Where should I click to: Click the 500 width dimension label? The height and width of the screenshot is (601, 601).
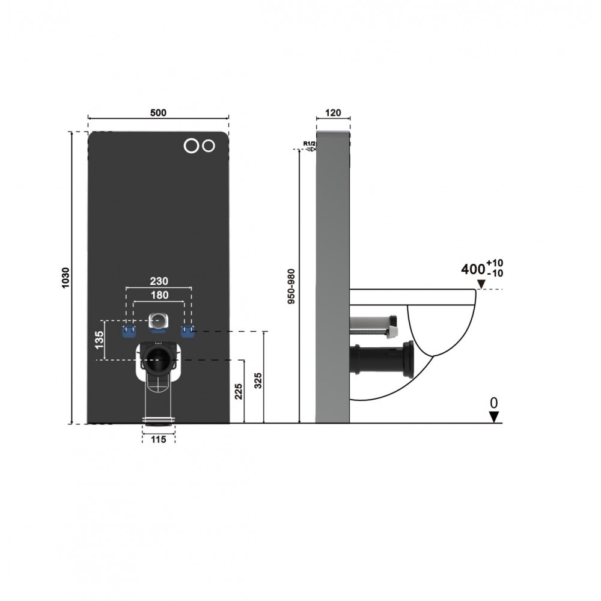158,113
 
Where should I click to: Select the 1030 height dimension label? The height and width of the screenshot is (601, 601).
66,278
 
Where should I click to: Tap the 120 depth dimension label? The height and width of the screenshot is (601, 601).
333,113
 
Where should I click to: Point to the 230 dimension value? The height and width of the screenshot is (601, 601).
159,281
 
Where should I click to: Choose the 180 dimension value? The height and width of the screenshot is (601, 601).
159,295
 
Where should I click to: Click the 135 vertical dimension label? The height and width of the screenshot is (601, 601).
99,340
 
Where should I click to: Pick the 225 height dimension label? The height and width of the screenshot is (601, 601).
239,391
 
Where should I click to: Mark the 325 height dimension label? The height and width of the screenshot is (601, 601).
258,380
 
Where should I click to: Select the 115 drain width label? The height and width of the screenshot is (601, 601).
158,439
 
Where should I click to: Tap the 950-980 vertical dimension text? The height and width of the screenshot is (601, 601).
291,286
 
